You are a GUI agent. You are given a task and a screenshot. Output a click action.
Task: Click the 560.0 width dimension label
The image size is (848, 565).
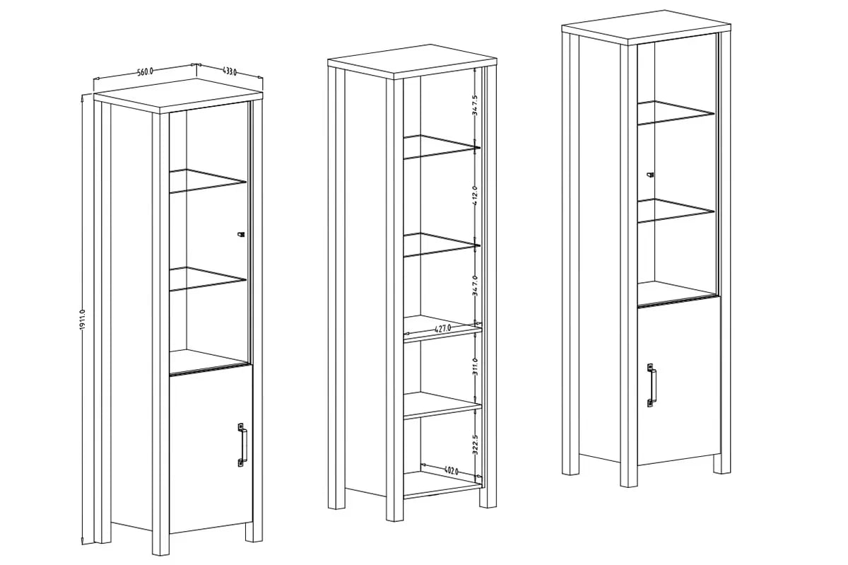[x=145, y=71]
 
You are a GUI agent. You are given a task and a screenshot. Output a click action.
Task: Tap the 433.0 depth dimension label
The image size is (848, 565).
[x=230, y=71]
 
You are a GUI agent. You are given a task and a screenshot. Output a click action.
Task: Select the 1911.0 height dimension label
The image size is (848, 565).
[x=83, y=320]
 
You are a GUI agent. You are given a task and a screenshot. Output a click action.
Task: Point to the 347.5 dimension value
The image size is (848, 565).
[x=475, y=105]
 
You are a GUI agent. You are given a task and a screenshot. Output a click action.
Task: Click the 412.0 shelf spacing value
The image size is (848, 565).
[x=475, y=196]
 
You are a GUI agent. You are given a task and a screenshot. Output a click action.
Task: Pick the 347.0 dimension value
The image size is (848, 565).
[x=475, y=286]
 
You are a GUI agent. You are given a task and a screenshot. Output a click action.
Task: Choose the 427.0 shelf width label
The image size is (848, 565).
[x=442, y=329]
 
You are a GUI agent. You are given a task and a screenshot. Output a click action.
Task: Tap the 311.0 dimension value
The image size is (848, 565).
[x=475, y=366]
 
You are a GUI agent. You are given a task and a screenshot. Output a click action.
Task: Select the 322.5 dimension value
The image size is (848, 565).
[x=475, y=445]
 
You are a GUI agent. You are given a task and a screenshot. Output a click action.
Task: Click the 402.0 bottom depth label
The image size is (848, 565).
[x=451, y=471]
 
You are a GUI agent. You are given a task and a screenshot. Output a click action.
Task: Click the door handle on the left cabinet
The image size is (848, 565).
[x=242, y=445]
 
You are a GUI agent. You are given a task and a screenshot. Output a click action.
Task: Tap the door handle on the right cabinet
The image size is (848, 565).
[x=652, y=385]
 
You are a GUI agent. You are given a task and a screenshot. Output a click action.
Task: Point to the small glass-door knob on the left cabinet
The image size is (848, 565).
[x=241, y=235]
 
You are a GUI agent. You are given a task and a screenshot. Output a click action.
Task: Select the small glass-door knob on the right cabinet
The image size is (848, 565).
[x=650, y=175]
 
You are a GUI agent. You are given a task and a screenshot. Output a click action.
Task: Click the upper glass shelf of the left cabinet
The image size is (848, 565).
[x=208, y=181]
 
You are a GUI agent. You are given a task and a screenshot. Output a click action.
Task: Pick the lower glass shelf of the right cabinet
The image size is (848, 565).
[x=676, y=211]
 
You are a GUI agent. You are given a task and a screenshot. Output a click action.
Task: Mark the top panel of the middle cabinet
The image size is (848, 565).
[x=412, y=62]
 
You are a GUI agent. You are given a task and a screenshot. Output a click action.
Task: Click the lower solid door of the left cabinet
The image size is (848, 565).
[x=211, y=449]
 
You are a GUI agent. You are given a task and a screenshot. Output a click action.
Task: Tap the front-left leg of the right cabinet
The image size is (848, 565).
[x=628, y=265]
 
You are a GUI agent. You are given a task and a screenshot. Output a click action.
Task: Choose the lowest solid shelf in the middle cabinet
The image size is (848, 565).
[x=442, y=484]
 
